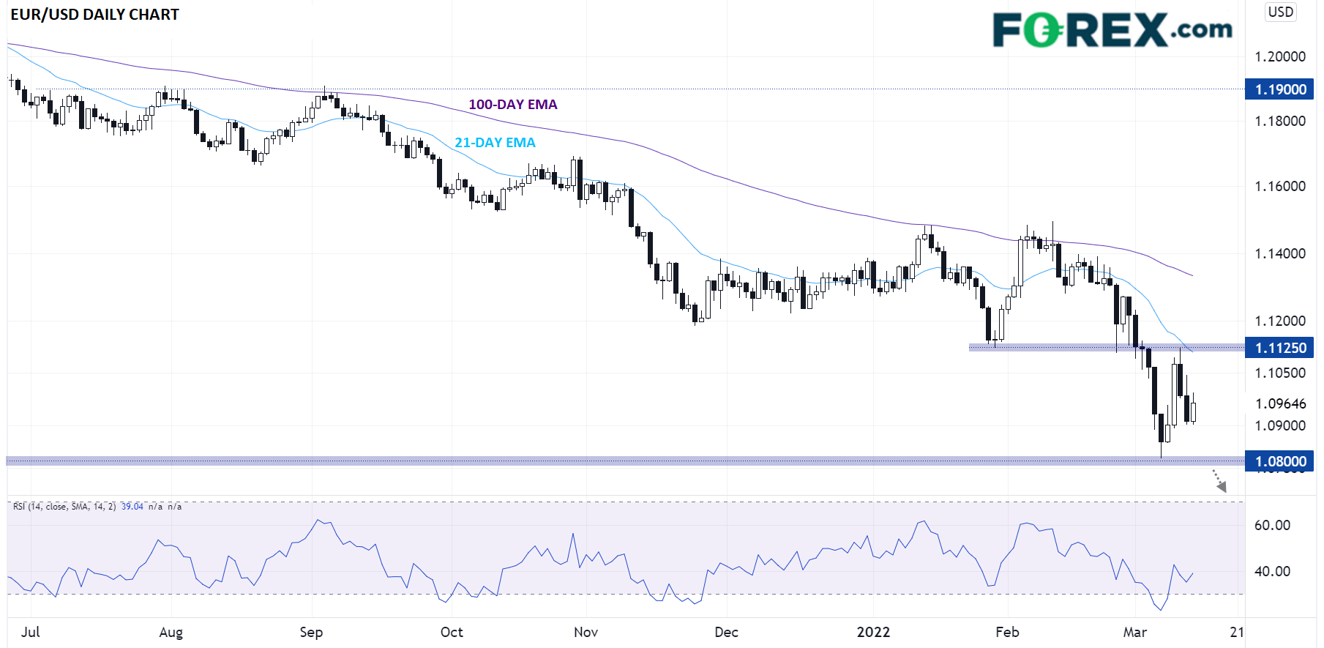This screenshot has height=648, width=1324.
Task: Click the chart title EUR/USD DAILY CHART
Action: (94, 15)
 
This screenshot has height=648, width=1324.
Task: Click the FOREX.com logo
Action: (1112, 30)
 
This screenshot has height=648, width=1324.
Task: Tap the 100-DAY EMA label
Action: (512, 105)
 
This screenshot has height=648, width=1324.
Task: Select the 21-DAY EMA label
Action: (495, 143)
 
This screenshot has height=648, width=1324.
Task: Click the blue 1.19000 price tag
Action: (1280, 89)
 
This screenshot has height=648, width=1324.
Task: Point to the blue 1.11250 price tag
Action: (1280, 348)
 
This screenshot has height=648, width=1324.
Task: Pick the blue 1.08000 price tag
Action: (1280, 461)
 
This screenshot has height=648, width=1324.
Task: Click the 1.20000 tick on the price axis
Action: (1280, 56)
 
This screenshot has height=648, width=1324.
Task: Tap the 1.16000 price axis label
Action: (1280, 186)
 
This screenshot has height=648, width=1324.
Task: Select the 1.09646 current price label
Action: (1280, 403)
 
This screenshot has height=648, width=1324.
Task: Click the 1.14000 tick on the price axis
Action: (1280, 253)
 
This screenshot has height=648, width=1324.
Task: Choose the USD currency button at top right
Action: (1281, 12)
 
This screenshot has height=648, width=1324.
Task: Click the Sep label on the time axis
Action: (311, 632)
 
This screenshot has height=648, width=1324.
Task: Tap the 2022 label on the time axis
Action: (873, 632)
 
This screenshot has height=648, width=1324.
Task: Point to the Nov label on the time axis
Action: (586, 632)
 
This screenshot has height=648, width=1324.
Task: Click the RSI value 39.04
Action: (132, 507)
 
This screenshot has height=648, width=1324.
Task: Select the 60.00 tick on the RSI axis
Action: (1272, 525)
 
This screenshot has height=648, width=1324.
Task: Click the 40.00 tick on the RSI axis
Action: (1272, 571)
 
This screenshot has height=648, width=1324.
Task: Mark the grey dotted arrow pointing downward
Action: (1219, 481)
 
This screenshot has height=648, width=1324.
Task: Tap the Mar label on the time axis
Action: (1134, 632)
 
